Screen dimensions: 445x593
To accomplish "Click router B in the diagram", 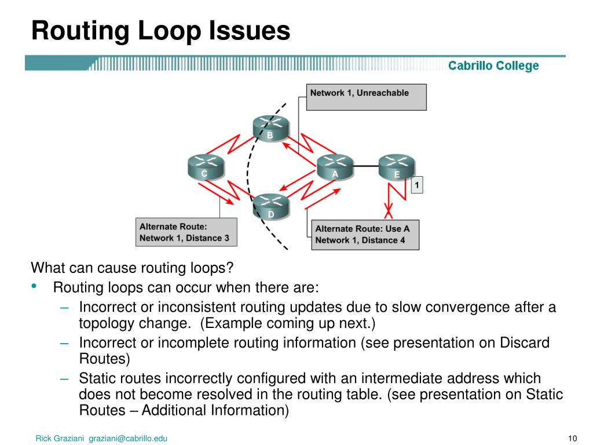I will click(x=270, y=128).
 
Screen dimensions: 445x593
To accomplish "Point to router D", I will click(x=270, y=206).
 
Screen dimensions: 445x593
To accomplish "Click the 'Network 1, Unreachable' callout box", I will click(x=366, y=97).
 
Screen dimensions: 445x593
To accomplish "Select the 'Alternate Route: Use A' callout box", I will click(x=365, y=234).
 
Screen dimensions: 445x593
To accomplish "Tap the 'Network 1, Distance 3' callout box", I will click(x=186, y=232).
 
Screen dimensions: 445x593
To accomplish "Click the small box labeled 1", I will click(x=417, y=185).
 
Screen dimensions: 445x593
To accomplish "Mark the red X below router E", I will click(x=389, y=207).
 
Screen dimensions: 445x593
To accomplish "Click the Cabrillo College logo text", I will click(x=493, y=66).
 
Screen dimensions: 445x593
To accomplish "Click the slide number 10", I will click(x=574, y=438).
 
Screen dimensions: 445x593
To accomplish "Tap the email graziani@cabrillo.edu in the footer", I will click(x=128, y=439).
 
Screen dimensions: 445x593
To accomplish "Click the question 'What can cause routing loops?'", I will click(x=131, y=268).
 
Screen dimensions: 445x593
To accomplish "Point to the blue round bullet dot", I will click(x=35, y=286).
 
